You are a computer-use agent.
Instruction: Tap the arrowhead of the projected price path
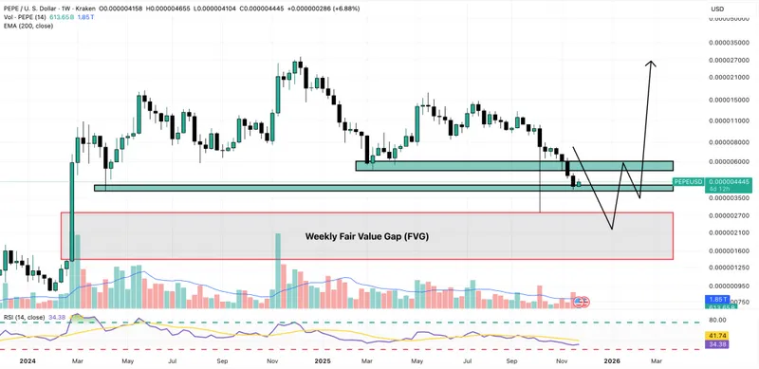coord(651,63)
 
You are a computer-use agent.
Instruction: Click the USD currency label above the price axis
coord(718,9)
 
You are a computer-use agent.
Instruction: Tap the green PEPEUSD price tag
coord(688,180)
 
